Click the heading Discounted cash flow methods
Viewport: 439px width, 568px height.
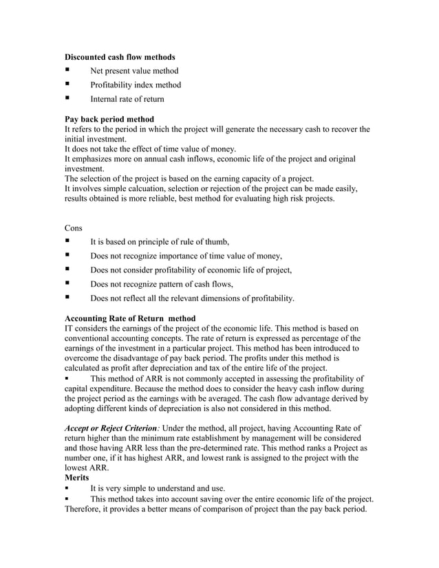[119, 56]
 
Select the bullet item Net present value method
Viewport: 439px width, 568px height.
[134, 71]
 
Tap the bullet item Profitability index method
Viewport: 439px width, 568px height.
[136, 85]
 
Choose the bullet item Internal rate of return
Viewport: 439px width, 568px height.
[127, 100]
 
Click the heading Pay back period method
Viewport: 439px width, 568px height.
[109, 119]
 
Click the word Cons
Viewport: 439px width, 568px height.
[74, 227]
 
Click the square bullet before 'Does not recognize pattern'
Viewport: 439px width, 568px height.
[67, 284]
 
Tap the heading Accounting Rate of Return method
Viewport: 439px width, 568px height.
[130, 318]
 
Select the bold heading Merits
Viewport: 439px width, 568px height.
[78, 477]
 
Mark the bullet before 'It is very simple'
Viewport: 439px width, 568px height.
[67, 488]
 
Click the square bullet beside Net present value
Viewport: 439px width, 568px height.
[67, 70]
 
